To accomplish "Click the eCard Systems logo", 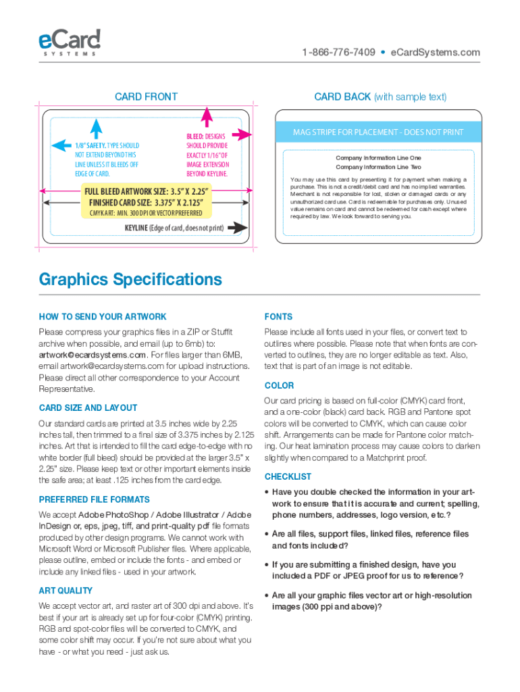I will pos(70,41).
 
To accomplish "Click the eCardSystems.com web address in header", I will pos(436,53).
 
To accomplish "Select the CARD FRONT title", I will pos(146,97).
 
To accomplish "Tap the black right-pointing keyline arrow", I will pos(236,228).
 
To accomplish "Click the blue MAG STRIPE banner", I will pos(378,132).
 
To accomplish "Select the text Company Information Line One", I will pos(378,158).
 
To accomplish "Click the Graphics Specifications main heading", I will pos(130,279).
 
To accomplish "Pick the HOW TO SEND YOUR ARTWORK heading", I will pos(103,317).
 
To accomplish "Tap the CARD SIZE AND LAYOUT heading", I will pos(88,407).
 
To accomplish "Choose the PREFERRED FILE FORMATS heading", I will pos(95,499).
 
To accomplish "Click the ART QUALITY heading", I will pos(66,591).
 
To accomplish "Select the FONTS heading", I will pos(278,317).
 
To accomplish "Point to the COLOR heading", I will pos(279,385).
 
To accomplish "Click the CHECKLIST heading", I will pos(288,476).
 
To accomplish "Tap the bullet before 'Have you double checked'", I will pos(267,493).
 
